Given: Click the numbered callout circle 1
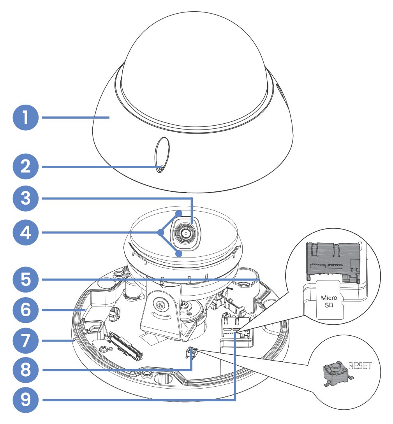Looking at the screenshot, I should pos(26,117).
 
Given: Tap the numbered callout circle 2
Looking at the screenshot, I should pos(26,167).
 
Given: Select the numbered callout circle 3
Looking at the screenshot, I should pos(26,198).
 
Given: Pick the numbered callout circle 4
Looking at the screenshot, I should pos(26,233).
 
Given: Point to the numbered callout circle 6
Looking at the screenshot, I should pos(26,310).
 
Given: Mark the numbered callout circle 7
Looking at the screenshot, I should pos(26,341).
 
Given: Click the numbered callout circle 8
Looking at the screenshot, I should pos(26,370).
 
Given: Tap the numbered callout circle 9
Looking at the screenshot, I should pos(26,399).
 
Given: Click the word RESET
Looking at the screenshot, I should pos(360,366).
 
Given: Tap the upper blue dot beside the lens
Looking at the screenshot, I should pos(179,213).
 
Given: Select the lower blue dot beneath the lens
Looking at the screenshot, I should pos(179,254).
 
